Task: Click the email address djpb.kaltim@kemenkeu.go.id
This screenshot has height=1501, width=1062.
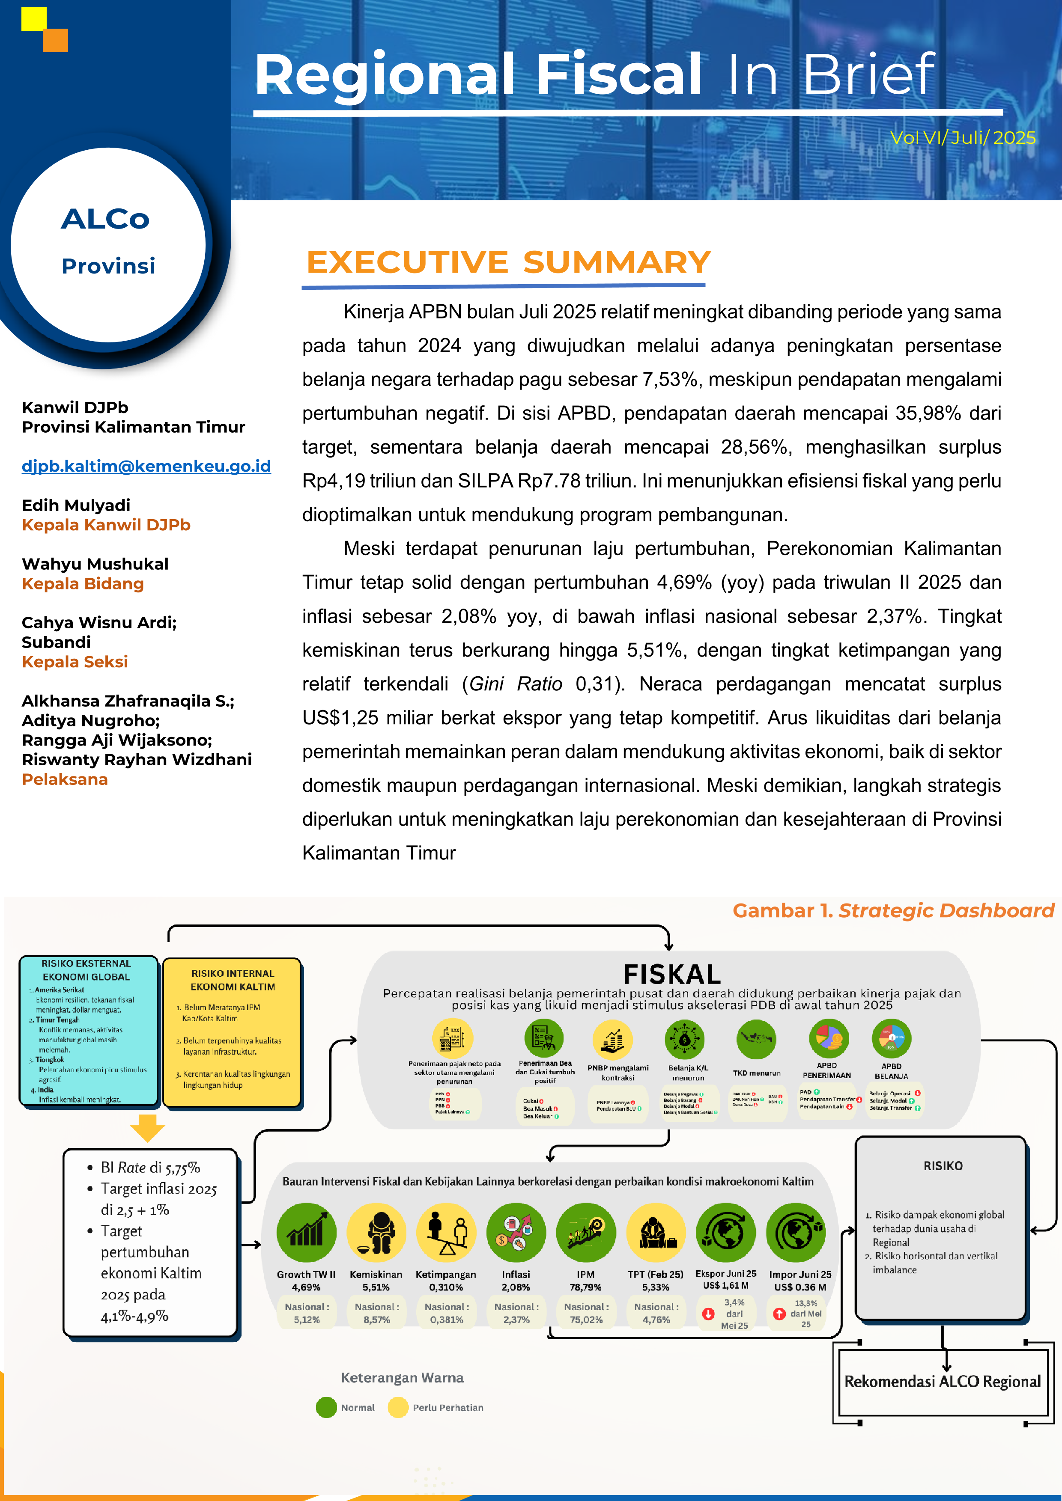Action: point(146,466)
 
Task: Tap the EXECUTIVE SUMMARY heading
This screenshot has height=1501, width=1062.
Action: point(508,263)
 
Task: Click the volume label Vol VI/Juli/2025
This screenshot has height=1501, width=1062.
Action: point(963,138)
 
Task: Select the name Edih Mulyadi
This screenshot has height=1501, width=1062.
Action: point(76,505)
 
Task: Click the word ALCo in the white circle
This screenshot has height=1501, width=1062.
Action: point(105,220)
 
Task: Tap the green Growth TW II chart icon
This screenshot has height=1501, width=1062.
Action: point(306,1232)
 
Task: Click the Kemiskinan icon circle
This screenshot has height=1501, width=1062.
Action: point(376,1232)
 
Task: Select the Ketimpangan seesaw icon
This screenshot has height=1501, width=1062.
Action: point(446,1232)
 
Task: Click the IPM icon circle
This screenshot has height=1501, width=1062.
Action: point(586,1232)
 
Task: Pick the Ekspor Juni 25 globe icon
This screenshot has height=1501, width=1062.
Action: point(726,1232)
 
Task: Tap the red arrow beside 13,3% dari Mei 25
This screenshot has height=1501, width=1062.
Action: point(779,1314)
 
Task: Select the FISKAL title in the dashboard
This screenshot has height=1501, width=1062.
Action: point(671,974)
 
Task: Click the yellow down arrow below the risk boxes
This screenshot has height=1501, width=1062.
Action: point(147,1128)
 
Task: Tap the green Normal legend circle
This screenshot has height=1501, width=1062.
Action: point(325,1408)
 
